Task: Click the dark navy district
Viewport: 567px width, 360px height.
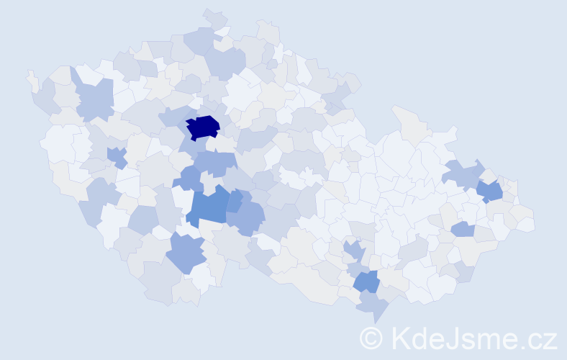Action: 203,127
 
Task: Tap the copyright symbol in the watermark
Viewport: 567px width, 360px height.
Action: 371,338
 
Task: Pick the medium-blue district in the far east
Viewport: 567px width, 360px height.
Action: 490,192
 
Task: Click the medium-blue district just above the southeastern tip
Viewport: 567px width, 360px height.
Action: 366,282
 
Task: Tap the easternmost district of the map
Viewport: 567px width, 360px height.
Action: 526,224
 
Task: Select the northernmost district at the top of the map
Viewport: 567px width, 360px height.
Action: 214,18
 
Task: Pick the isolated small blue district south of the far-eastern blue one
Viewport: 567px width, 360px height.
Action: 463,229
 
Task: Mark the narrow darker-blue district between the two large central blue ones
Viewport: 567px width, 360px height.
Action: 235,201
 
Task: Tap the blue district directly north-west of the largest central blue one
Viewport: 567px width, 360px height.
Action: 191,178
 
